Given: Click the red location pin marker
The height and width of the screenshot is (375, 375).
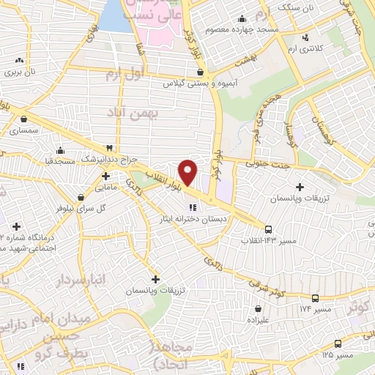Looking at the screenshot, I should tap(188, 171).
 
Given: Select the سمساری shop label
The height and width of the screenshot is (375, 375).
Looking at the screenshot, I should tap(25, 130).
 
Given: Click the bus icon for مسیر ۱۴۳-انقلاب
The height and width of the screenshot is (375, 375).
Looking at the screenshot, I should tap(269, 229).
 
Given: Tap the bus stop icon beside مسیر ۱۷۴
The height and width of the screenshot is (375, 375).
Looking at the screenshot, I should tap(316, 298).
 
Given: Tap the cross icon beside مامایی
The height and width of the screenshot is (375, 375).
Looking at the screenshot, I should tap(106, 177).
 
